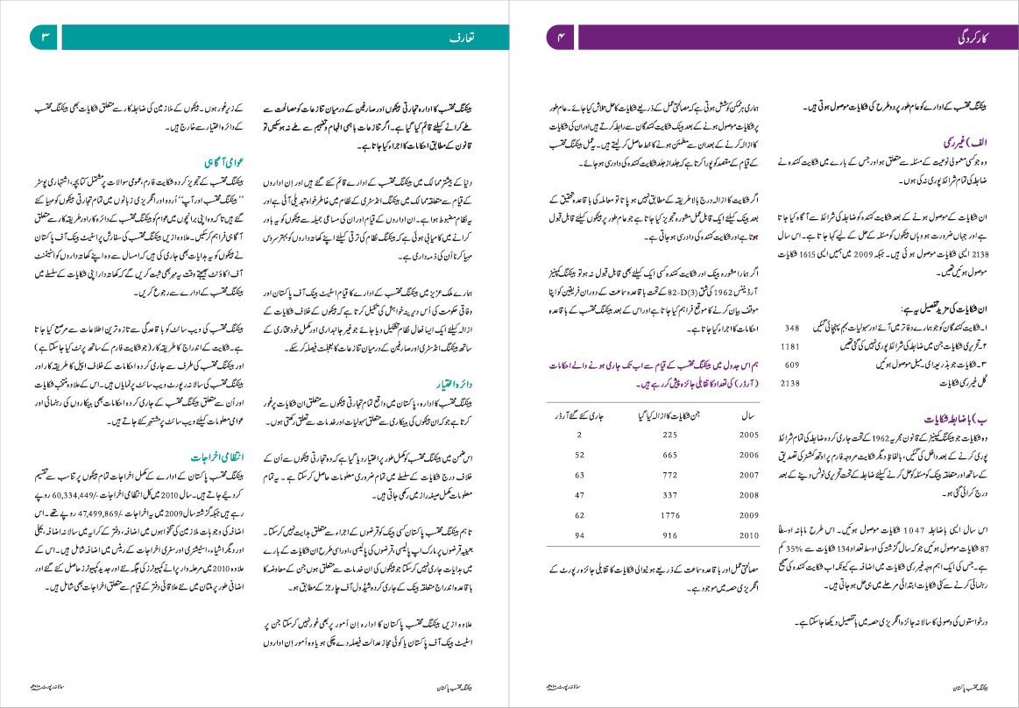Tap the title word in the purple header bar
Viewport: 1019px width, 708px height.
click(x=972, y=39)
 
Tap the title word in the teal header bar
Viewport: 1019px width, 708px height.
click(x=463, y=39)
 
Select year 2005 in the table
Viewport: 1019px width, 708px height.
click(x=749, y=435)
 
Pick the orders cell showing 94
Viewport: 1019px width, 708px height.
click(x=579, y=535)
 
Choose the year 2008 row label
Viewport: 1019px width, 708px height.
click(x=749, y=495)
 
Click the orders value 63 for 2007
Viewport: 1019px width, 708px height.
click(x=579, y=475)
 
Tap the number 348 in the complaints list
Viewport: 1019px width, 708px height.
click(x=792, y=327)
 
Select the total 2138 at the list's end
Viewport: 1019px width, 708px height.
click(x=790, y=383)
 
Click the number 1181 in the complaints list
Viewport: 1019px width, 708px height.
click(x=790, y=345)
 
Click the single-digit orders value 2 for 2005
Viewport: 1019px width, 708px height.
click(x=580, y=435)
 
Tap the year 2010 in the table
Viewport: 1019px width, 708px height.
click(x=749, y=535)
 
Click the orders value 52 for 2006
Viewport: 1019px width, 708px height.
click(x=579, y=455)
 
